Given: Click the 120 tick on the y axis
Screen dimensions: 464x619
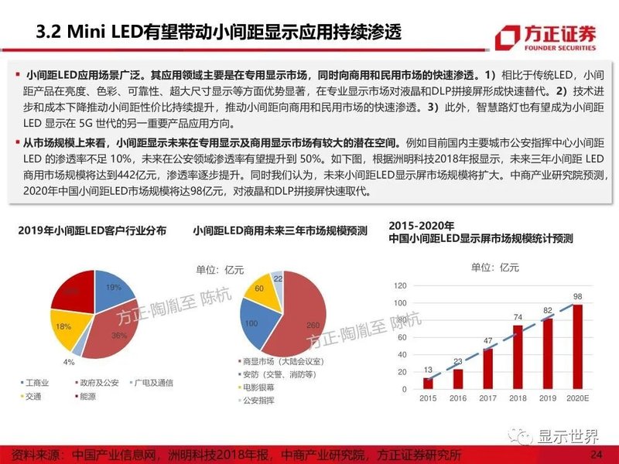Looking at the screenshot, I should [x=399, y=285].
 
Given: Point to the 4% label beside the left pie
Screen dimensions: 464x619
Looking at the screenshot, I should [x=70, y=362].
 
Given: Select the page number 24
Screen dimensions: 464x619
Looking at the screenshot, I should [x=596, y=453].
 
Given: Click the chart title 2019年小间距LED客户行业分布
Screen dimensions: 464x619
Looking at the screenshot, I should [x=91, y=231].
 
